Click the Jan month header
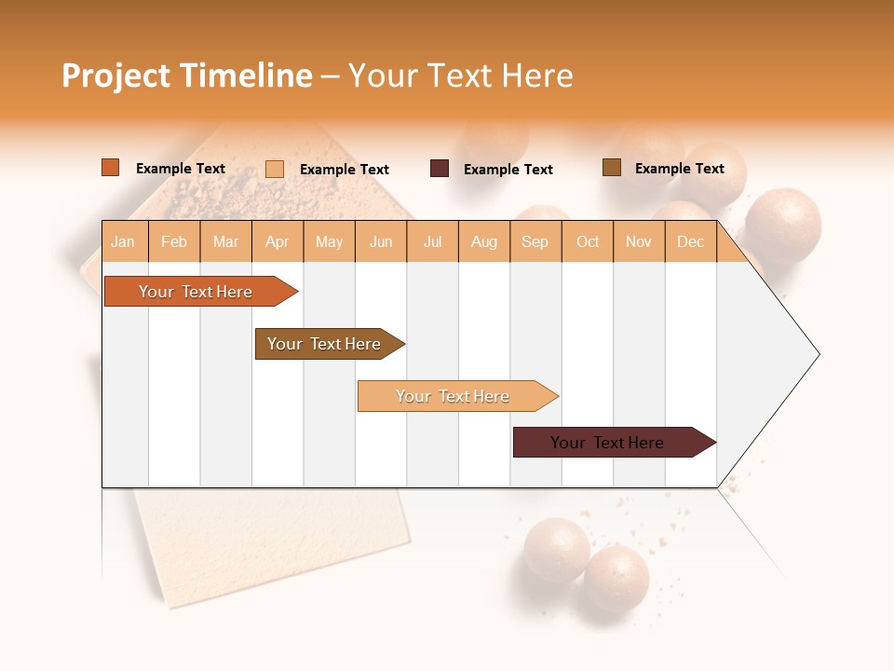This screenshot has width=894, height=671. click(x=124, y=241)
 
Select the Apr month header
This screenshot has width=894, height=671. click(x=278, y=241)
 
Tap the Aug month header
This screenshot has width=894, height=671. click(x=484, y=241)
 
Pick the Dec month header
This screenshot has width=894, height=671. click(x=691, y=241)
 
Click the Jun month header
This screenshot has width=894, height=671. click(x=381, y=241)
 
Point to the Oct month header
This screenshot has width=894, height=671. click(x=588, y=241)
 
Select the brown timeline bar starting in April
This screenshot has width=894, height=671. click(x=326, y=344)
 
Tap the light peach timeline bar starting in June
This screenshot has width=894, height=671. click(x=454, y=396)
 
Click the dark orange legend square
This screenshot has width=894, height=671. click(x=111, y=168)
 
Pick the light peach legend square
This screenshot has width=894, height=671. click(x=275, y=169)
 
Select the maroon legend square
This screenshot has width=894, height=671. click(x=440, y=169)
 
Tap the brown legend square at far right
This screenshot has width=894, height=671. click(x=612, y=168)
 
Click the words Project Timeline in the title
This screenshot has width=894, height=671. click(x=186, y=75)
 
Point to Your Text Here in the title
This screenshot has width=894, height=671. click(x=461, y=75)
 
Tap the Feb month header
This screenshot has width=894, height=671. click(x=174, y=241)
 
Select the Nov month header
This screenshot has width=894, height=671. click(x=639, y=241)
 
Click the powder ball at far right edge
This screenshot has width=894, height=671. click(x=783, y=226)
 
